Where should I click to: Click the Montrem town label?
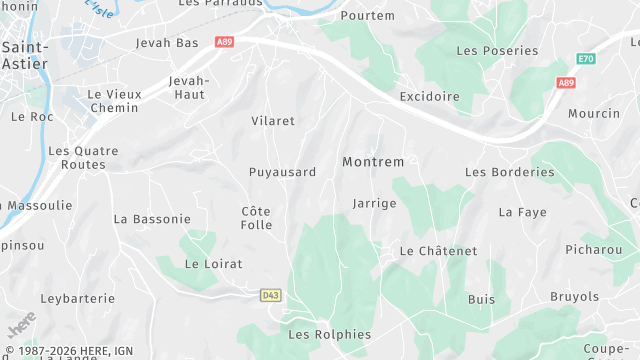coord(373,162)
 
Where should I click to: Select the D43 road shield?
coord(270,295)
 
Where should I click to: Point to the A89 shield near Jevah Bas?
coord(224,42)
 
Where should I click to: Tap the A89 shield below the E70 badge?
coord(567,83)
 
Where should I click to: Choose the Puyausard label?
coord(282,172)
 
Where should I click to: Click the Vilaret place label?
coord(273,121)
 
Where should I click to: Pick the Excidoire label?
coord(429,97)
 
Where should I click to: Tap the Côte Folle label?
coord(256,218)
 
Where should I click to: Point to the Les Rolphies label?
coord(329,334)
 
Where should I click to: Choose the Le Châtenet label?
coord(438,251)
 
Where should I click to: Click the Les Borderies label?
coord(509,172)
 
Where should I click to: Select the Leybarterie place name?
coord(79,298)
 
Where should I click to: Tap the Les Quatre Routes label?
coord(83,158)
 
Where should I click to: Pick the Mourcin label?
coord(594,113)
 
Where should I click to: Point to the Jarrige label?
coord(374,203)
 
